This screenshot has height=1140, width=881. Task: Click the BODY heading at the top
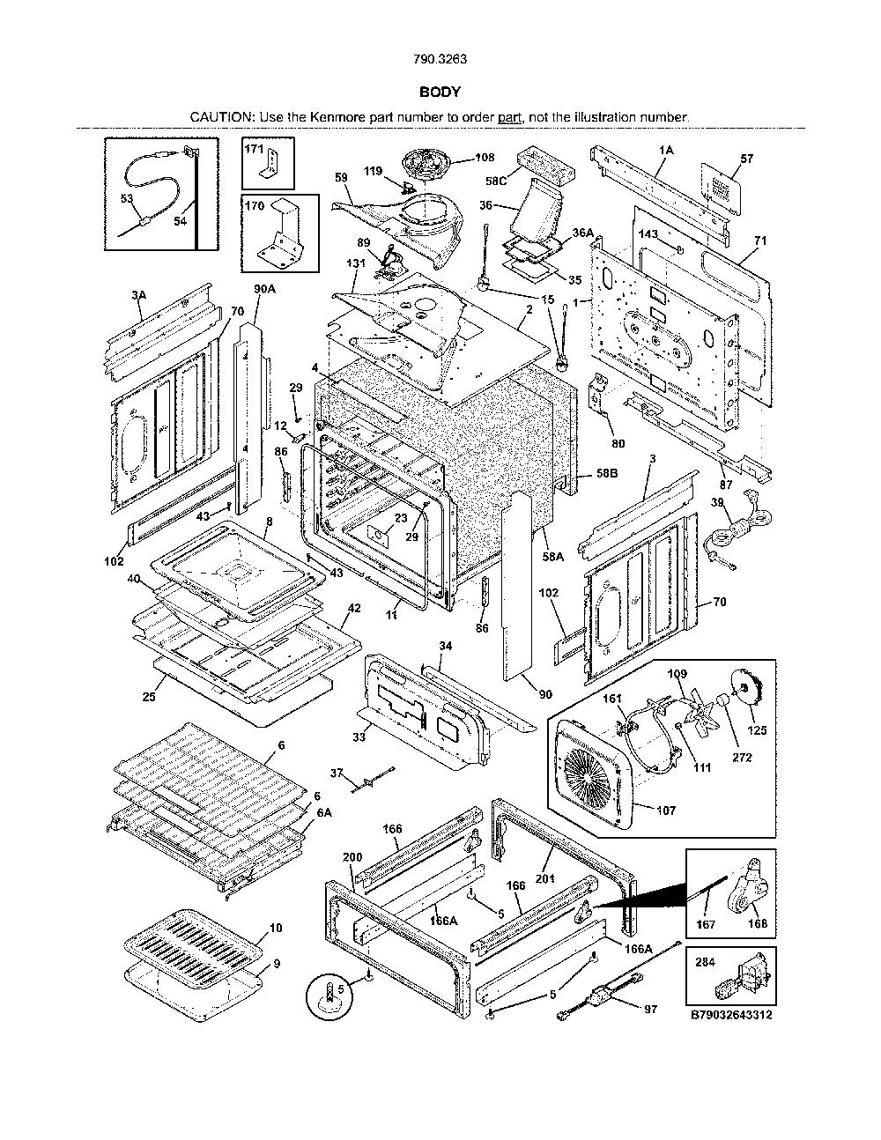pos(440,93)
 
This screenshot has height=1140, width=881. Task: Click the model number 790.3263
pos(440,59)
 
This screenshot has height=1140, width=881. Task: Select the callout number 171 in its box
pos(254,149)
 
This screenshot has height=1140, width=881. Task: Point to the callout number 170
pos(255,205)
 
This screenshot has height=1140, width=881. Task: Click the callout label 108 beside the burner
pos(485,158)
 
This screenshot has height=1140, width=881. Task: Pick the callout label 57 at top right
pos(746,159)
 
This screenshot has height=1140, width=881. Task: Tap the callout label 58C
pos(495,181)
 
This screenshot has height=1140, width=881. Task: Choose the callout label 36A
pos(582,233)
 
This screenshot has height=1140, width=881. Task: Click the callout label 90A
pos(265,289)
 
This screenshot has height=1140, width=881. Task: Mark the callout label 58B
pos(607,473)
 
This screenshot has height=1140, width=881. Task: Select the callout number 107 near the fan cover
pos(666,811)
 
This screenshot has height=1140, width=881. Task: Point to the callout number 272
pos(742,757)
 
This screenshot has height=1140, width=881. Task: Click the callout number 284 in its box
pos(706,962)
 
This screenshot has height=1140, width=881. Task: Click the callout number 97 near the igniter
pos(650,1009)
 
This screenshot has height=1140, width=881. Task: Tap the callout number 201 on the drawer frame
pos(546,877)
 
